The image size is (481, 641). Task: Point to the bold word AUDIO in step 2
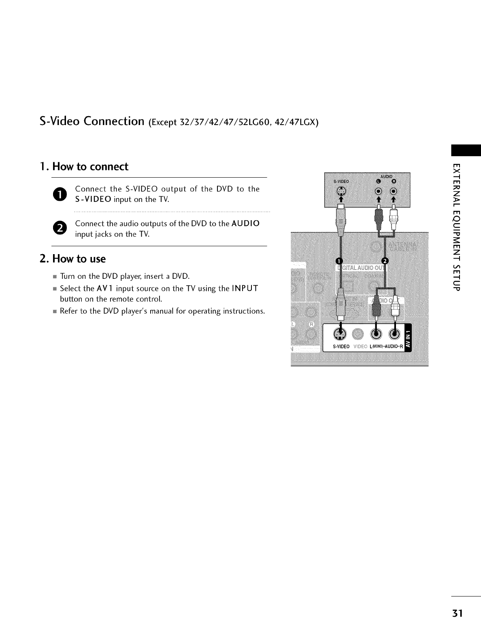click(x=245, y=224)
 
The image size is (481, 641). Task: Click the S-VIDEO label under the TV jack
click(x=341, y=347)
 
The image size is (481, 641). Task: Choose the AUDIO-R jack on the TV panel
click(x=394, y=334)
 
